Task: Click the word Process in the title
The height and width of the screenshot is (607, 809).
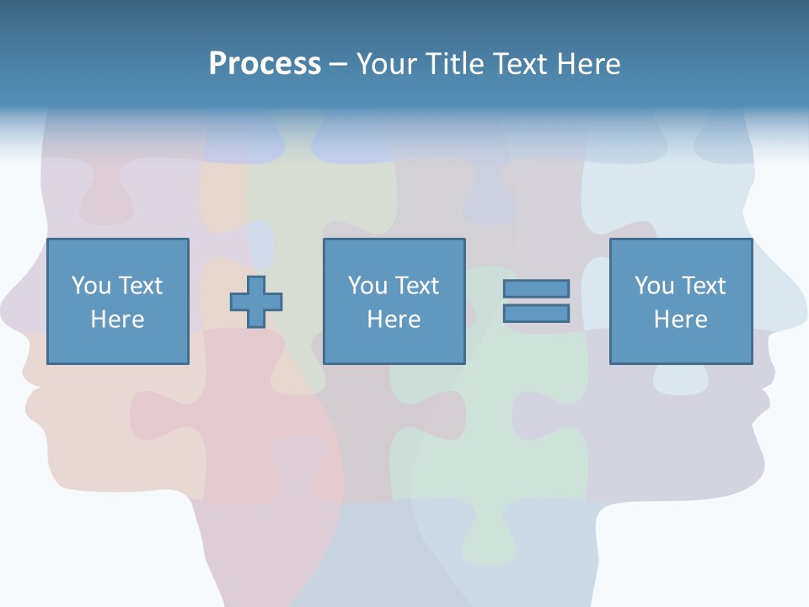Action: pos(265,64)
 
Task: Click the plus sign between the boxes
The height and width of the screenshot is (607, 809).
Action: pos(256,302)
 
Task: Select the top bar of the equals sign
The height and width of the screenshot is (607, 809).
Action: pos(536,288)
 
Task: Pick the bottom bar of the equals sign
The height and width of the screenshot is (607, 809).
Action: pos(536,314)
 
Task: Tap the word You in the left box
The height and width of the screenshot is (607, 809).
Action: pos(91,286)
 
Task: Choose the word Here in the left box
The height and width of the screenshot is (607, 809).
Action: pos(117,320)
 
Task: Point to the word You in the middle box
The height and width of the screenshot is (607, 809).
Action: pos(367,286)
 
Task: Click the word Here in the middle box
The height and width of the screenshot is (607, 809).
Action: pos(394,320)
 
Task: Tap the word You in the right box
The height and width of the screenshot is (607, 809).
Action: pos(654,286)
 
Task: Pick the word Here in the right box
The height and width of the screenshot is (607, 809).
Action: pos(680,320)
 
